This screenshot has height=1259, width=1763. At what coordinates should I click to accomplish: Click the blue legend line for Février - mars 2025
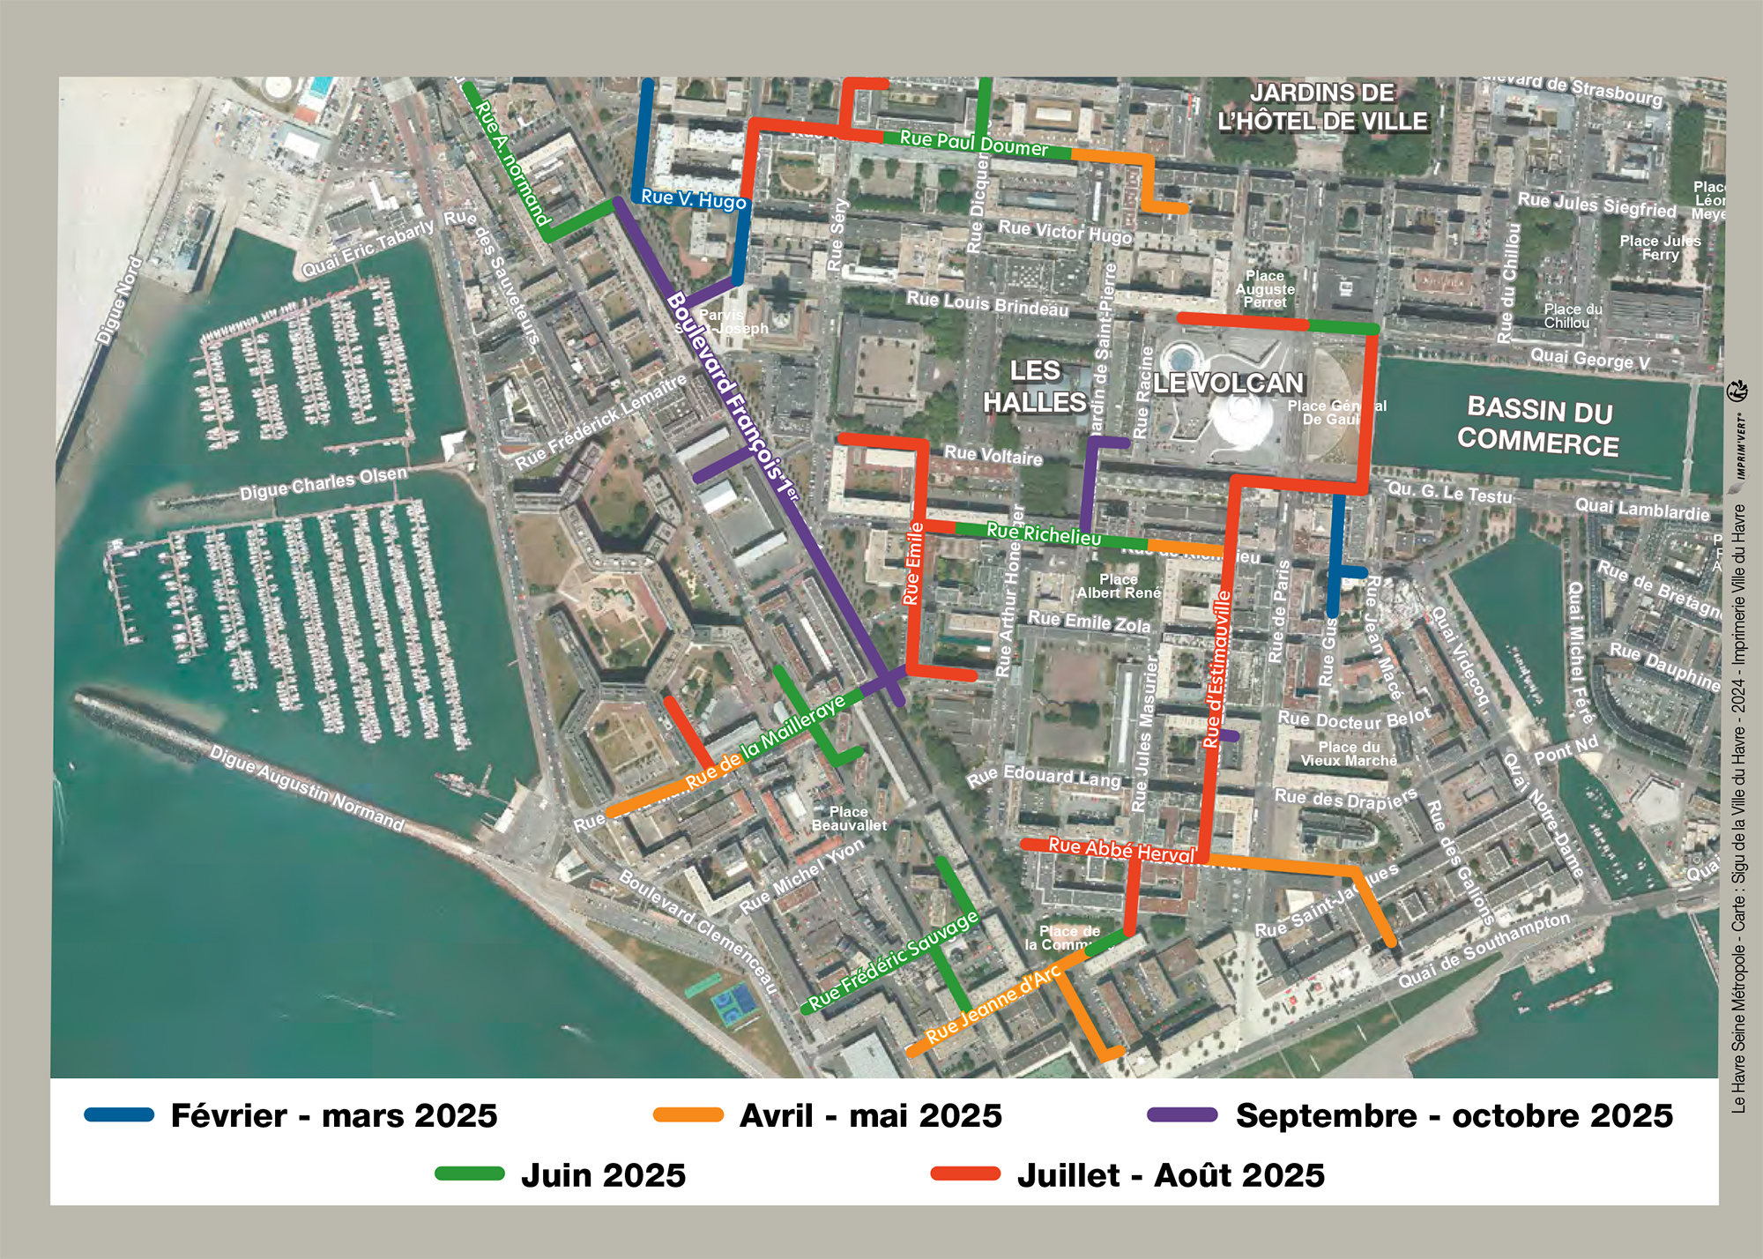(x=119, y=1114)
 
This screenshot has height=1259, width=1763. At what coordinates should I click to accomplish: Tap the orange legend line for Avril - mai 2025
(x=688, y=1114)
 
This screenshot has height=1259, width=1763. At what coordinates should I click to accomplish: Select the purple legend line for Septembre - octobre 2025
(x=1182, y=1114)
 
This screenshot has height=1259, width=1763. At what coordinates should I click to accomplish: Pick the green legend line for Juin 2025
(x=470, y=1173)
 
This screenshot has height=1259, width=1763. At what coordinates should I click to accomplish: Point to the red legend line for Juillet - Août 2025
(x=966, y=1173)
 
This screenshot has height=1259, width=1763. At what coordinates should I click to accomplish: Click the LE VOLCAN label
(x=1228, y=383)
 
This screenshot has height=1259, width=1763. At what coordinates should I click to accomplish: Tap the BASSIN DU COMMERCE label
(x=1538, y=427)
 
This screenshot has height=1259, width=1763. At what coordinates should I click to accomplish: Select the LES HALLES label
(x=1035, y=386)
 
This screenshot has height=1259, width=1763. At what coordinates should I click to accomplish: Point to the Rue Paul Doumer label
(x=974, y=144)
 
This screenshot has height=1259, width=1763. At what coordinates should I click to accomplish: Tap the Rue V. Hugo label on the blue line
(x=694, y=199)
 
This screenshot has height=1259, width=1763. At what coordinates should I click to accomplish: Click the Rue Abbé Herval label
(x=1120, y=850)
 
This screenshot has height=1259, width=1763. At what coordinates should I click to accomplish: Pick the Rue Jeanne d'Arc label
(x=993, y=1004)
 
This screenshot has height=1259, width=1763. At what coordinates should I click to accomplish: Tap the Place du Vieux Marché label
(x=1349, y=754)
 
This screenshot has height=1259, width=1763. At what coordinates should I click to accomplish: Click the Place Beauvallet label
(x=849, y=818)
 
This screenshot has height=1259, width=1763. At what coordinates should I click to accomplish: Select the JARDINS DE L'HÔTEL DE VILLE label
(x=1322, y=107)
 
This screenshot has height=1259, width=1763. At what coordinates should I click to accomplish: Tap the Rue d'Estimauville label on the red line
(x=1218, y=670)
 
